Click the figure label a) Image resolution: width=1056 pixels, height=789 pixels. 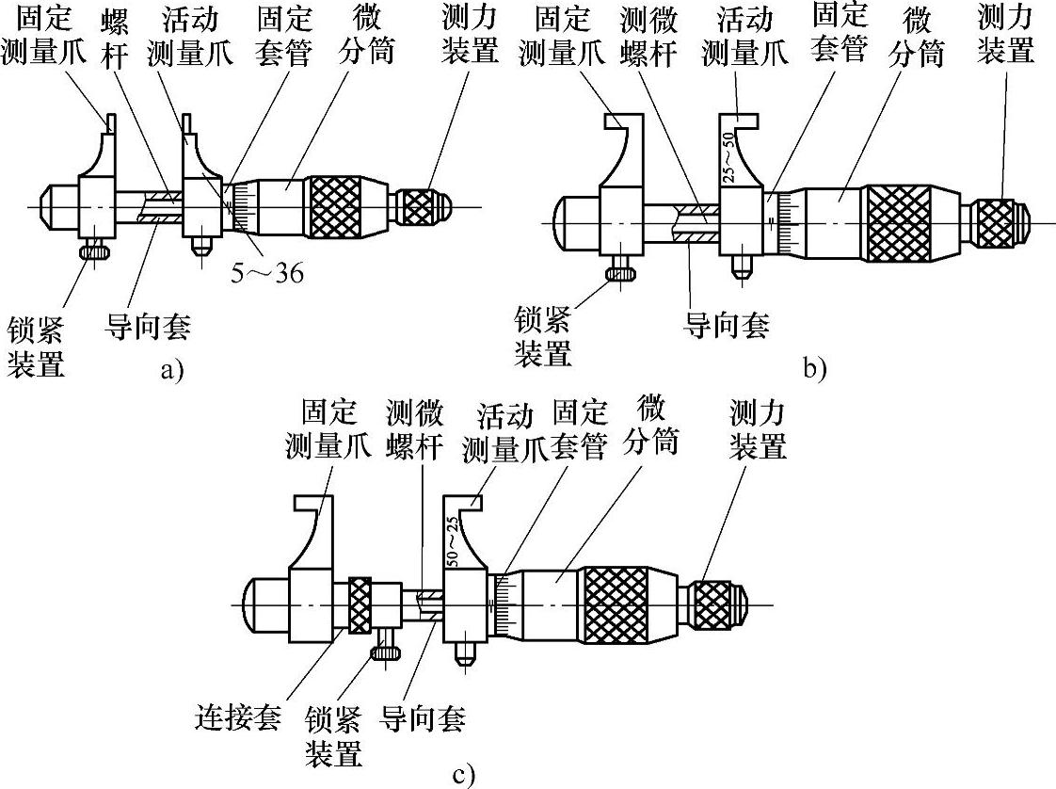170,370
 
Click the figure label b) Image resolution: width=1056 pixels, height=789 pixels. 815,367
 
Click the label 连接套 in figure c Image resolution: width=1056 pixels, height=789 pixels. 238,719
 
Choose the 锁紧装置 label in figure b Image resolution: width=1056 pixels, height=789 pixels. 543,336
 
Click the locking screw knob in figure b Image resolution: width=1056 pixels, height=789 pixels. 623,273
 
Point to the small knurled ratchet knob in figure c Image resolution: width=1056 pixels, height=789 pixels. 718,604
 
